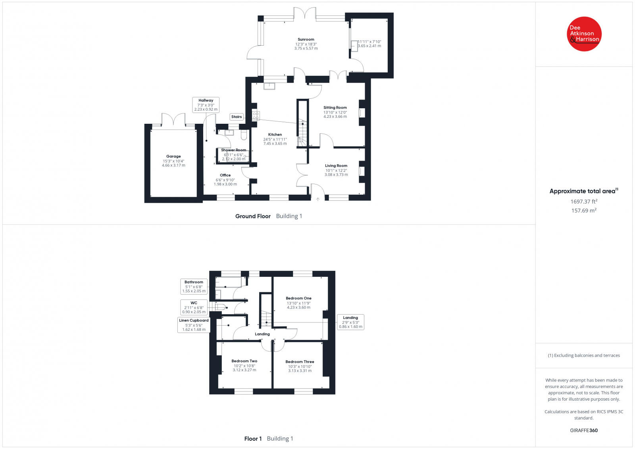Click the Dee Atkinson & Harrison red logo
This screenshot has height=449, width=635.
[584, 34]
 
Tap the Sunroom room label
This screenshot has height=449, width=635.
[306, 40]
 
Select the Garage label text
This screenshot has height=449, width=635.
[173, 156]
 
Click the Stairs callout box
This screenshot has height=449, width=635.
[237, 117]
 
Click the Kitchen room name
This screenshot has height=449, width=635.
[275, 134]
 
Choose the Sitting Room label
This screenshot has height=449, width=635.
[335, 107]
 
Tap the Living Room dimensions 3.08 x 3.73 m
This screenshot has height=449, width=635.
[336, 175]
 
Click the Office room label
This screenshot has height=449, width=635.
[225, 175]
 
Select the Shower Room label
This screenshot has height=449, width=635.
[233, 150]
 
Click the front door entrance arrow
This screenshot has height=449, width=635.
[317, 199]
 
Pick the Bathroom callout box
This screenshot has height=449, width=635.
[194, 286]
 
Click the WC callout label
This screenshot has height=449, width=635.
[194, 307]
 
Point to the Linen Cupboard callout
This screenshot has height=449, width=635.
[194, 325]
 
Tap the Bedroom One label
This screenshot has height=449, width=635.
[298, 298]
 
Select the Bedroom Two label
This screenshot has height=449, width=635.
[244, 361]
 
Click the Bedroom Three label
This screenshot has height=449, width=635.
[300, 362]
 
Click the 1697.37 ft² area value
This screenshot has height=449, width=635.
[584, 201]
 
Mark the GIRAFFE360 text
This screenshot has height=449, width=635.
[584, 430]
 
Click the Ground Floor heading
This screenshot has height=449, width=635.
[253, 216]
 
